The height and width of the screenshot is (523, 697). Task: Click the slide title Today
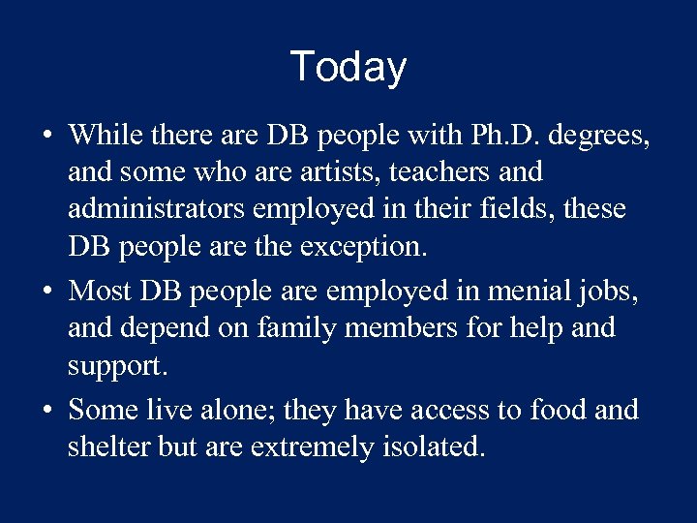click(x=348, y=67)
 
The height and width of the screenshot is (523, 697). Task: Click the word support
click(x=112, y=365)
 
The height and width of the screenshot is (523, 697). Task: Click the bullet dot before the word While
click(x=47, y=136)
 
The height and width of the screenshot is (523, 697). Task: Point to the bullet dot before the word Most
click(x=47, y=291)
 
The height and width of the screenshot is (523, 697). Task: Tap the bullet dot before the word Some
click(x=47, y=410)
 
